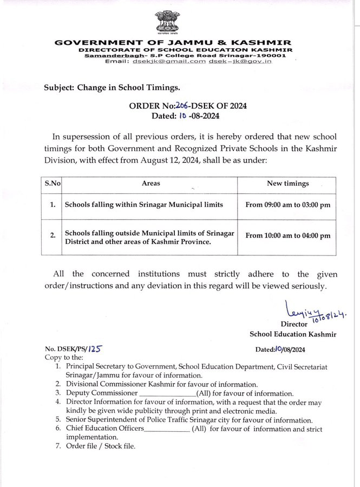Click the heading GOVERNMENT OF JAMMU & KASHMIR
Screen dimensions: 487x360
point(173,43)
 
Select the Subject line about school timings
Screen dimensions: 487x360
point(112,87)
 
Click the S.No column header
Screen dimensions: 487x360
point(52,183)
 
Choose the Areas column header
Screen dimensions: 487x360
point(150,183)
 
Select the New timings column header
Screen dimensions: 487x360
point(287,183)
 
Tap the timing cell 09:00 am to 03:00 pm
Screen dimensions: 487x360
point(287,205)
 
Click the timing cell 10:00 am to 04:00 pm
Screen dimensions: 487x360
point(287,236)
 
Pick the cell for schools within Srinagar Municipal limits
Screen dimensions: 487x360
point(143,205)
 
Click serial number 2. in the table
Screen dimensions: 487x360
point(53,236)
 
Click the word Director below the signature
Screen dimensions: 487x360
point(294,324)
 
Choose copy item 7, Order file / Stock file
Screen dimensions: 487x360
point(101,446)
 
